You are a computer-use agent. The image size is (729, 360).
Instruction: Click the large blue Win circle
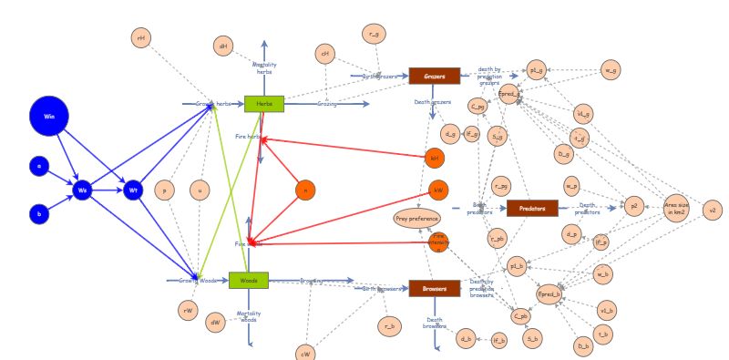click(x=49, y=117)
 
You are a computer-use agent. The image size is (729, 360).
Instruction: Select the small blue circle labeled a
click(x=38, y=166)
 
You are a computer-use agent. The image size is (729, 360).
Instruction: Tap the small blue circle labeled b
click(x=38, y=215)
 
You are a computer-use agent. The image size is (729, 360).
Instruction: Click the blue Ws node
click(x=83, y=190)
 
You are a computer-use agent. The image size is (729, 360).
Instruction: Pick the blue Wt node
click(x=133, y=190)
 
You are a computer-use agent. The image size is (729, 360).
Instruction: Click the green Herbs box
click(x=264, y=104)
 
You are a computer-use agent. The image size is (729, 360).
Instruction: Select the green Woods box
click(x=248, y=281)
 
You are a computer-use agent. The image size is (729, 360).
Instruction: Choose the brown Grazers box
click(x=434, y=76)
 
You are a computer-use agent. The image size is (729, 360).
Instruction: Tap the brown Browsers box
click(x=434, y=288)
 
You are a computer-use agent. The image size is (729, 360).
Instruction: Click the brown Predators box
click(x=531, y=208)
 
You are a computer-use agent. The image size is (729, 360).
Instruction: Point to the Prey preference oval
click(x=417, y=218)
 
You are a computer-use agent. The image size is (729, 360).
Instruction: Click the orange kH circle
click(x=435, y=158)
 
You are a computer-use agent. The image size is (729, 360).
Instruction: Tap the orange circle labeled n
click(x=306, y=190)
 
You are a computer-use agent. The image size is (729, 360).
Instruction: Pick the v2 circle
click(x=714, y=210)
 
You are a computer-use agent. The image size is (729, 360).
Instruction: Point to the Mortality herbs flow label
click(x=264, y=68)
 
